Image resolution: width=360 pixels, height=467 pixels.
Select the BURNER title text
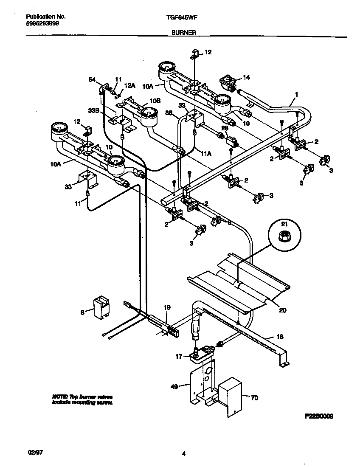click(x=183, y=32)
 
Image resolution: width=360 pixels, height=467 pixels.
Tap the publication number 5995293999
click(x=42, y=24)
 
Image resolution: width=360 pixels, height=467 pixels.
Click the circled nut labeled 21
click(x=284, y=235)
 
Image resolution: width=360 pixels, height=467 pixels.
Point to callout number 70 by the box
click(x=254, y=398)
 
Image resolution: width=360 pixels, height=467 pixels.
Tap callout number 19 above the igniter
click(x=167, y=307)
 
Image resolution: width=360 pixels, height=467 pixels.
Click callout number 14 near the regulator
click(x=246, y=77)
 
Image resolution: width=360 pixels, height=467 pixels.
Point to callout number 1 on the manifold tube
click(x=296, y=94)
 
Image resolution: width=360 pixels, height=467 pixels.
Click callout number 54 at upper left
click(x=92, y=79)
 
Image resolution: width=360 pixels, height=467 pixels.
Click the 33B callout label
click(x=93, y=110)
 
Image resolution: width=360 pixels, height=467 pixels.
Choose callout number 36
click(x=168, y=113)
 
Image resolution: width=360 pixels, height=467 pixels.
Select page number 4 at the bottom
click(x=183, y=454)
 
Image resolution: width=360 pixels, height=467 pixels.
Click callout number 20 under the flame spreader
click(x=282, y=310)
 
